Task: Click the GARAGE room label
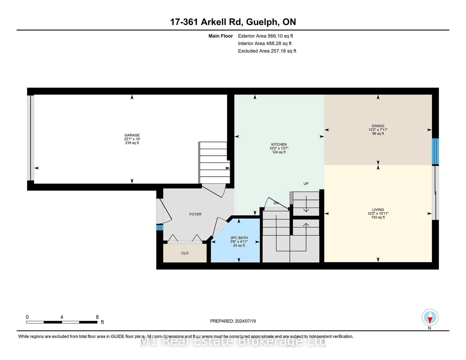[x=132, y=135]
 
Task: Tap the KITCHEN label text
[x=279, y=144]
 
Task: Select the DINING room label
[x=378, y=126]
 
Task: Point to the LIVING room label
[x=378, y=210]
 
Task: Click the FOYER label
[x=195, y=214]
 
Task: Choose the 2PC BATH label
[x=239, y=238]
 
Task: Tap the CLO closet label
[x=185, y=253]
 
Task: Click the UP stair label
[x=306, y=184]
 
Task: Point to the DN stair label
[x=276, y=203]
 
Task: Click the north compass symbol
[x=430, y=318]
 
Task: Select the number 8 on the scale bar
[x=97, y=317]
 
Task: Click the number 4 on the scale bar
[x=62, y=317]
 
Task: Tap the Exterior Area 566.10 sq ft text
[x=265, y=36]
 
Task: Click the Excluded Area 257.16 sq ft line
[x=267, y=51]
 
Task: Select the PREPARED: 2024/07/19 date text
[x=233, y=321]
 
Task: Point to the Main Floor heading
[x=220, y=36]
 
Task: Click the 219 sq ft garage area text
[x=132, y=143]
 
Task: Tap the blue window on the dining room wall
[x=435, y=151]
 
